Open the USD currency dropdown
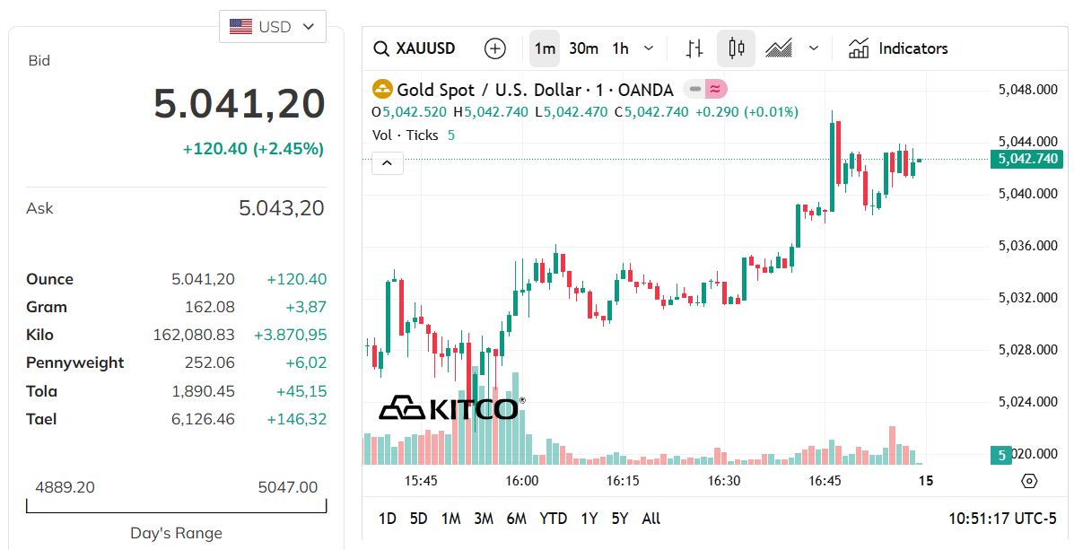(273, 27)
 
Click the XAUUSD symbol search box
(415, 48)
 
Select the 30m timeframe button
(583, 48)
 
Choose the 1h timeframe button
(620, 48)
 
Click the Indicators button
(898, 48)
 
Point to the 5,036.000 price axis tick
(1028, 246)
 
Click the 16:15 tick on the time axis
(623, 481)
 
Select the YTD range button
(553, 519)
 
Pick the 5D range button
(418, 519)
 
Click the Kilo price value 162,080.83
(194, 335)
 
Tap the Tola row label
(42, 391)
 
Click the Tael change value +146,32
(296, 419)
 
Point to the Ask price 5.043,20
(281, 208)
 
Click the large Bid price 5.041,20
(239, 103)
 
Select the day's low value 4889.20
(65, 487)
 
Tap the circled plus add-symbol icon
(494, 48)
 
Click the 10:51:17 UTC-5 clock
(1001, 519)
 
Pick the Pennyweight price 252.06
(210, 362)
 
